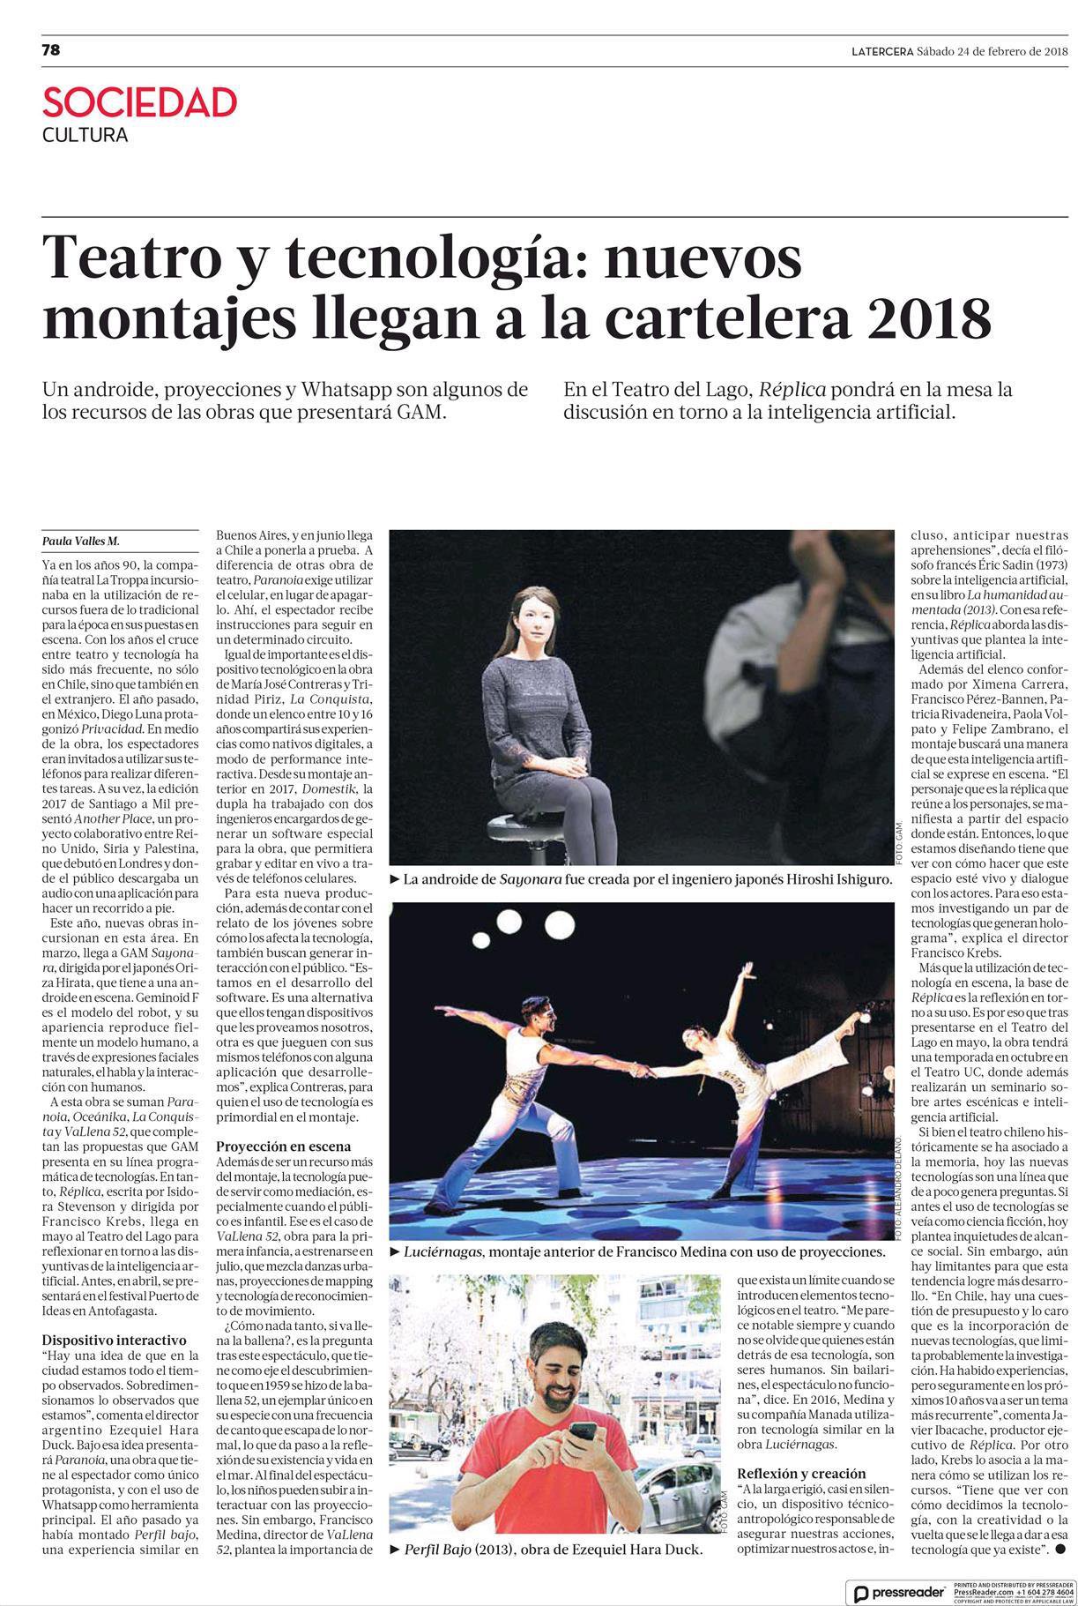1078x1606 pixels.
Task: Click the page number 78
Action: coord(51,50)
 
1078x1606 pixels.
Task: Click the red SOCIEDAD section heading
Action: coord(140,103)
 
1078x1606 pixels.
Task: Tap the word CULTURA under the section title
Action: coord(85,136)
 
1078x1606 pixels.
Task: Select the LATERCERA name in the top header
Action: coord(882,51)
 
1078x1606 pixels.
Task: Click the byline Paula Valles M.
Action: coord(80,542)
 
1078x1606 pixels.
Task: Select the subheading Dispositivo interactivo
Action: coord(115,1338)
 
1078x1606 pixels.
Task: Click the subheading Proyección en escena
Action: coord(284,1146)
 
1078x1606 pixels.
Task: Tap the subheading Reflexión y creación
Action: coord(802,1473)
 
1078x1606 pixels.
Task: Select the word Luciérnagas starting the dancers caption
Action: coord(443,1252)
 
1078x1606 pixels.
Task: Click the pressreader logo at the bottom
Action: coord(897,1586)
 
